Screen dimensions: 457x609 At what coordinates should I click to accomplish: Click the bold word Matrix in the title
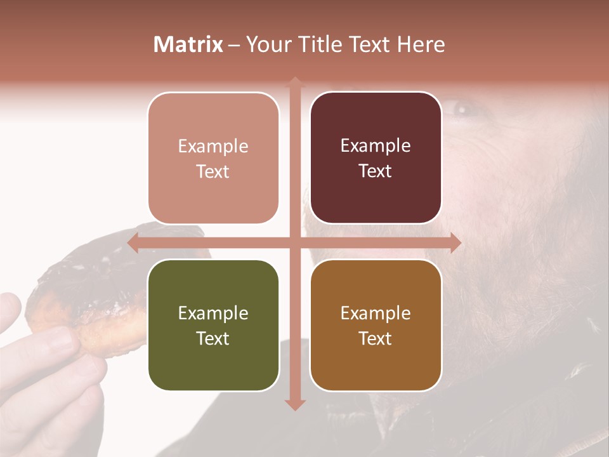point(188,44)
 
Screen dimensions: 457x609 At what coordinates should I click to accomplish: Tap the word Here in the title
point(421,44)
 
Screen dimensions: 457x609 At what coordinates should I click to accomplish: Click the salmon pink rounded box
point(213,159)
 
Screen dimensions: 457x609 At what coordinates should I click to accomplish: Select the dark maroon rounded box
point(376,159)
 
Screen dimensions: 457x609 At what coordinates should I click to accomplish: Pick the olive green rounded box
point(213,325)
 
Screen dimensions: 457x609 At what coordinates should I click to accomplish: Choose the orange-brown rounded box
point(376,325)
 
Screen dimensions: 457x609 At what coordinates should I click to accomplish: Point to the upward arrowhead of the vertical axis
point(294,83)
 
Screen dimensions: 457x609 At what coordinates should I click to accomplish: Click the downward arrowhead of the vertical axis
point(294,404)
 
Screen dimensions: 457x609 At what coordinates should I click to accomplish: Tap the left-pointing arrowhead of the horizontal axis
point(133,242)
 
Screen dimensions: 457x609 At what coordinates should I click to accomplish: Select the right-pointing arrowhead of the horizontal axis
point(455,242)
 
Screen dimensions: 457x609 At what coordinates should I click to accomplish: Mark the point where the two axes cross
point(294,242)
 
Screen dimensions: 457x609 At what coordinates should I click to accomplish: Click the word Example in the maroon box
point(376,146)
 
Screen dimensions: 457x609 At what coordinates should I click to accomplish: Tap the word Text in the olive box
point(213,338)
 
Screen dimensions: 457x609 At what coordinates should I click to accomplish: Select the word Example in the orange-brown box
point(376,313)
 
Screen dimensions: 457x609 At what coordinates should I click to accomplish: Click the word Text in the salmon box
point(213,172)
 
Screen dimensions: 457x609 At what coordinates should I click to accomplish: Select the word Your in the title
point(267,44)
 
